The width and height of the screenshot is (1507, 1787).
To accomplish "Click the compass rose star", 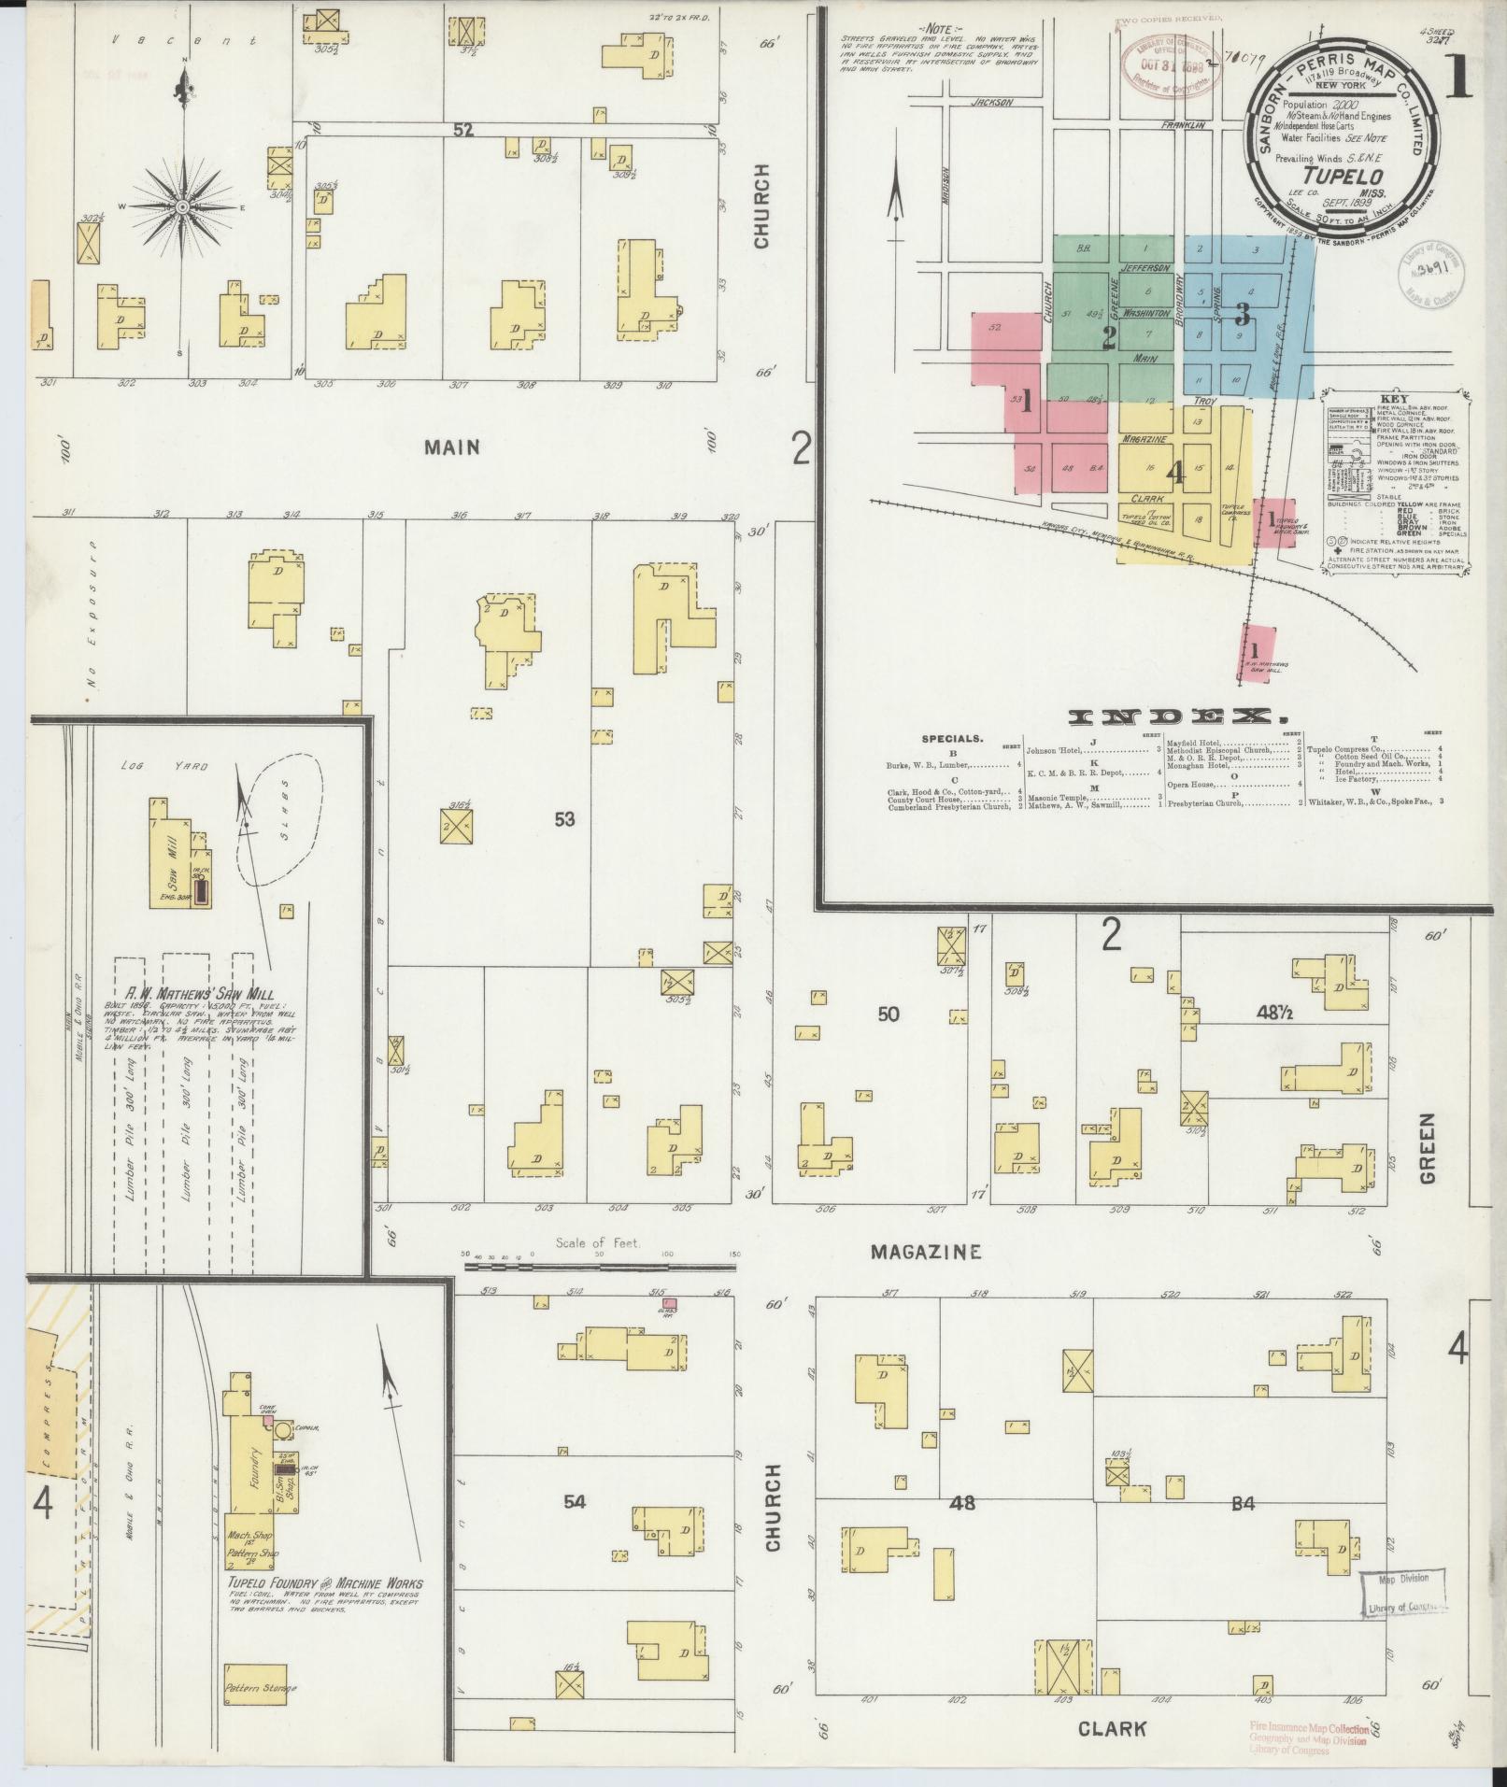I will click(x=183, y=206).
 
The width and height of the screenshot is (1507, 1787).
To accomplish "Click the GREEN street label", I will click(x=1427, y=1149).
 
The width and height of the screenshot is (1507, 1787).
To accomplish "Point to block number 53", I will click(x=563, y=819).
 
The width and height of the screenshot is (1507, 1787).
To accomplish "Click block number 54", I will click(x=574, y=1527).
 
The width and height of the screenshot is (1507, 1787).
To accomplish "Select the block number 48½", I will click(x=1276, y=1011).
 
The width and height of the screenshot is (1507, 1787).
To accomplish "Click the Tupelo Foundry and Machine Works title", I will click(x=325, y=1582).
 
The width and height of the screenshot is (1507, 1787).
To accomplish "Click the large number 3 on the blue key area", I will click(x=1242, y=313).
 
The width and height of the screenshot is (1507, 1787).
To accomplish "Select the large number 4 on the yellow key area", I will click(x=1176, y=473).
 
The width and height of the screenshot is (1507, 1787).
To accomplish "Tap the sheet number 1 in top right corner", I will click(x=1457, y=82).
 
